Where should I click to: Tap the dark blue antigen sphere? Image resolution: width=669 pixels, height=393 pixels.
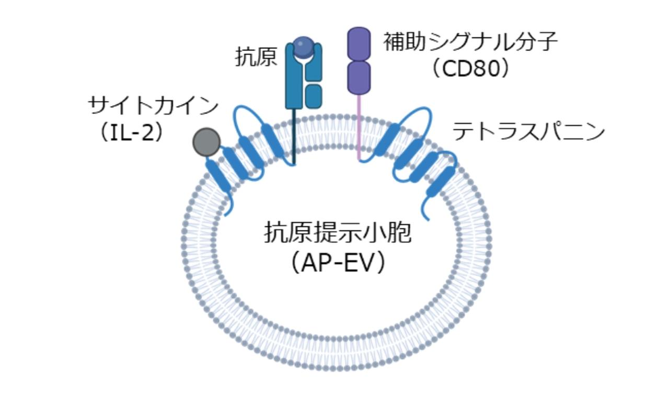click(x=303, y=47)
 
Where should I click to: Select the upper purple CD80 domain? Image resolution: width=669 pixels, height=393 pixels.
click(x=359, y=44)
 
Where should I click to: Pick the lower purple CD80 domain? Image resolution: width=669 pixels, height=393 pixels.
click(x=359, y=77)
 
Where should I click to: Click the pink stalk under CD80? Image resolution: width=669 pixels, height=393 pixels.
click(x=359, y=126)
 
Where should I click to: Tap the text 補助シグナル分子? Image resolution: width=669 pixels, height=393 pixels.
click(x=470, y=42)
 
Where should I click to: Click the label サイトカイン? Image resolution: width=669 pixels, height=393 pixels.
click(x=153, y=106)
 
